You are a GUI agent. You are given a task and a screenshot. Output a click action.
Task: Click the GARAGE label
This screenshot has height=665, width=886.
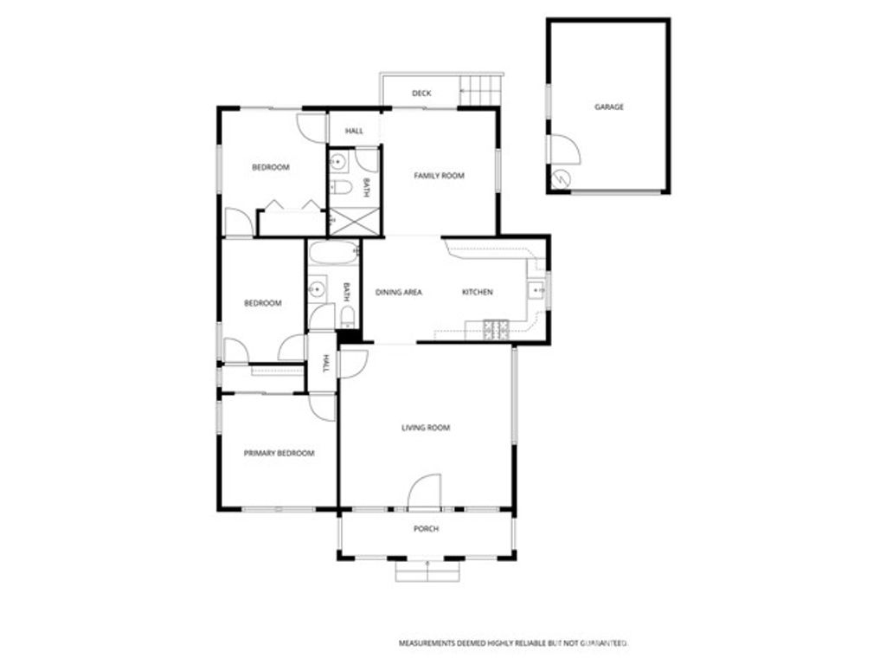(x=608, y=107)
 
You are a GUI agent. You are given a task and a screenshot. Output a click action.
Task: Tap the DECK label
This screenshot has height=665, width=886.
(x=421, y=94)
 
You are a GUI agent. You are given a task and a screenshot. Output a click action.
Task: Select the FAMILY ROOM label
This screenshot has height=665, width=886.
(x=439, y=176)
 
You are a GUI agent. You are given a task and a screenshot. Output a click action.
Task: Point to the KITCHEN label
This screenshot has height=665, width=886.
(x=477, y=293)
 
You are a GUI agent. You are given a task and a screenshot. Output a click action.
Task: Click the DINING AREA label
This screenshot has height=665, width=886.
(x=398, y=293)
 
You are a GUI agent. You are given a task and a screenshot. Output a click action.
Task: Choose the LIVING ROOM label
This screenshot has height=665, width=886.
(x=426, y=428)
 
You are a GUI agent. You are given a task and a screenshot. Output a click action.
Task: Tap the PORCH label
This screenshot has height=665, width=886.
(x=426, y=529)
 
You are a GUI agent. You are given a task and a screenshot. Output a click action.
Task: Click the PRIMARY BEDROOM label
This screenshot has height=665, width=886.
(x=279, y=453)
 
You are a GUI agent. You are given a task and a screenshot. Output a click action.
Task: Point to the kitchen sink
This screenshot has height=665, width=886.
(x=536, y=289)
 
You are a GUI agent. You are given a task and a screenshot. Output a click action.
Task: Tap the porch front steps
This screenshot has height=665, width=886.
(x=427, y=571)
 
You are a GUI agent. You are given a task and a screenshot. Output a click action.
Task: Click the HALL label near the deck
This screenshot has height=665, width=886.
(x=354, y=132)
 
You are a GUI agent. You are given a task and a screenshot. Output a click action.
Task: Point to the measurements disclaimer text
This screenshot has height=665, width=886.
(x=511, y=643)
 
